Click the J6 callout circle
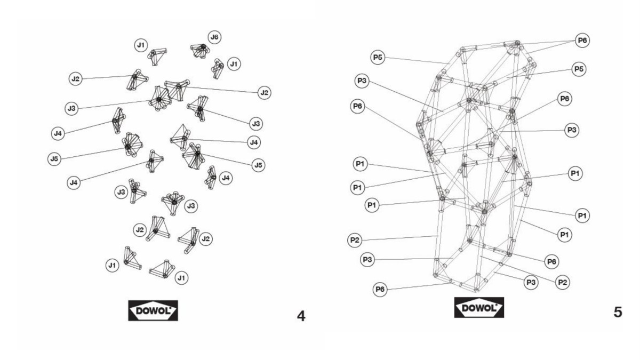click(x=214, y=37)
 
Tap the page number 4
click(x=301, y=316)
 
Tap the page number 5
click(x=618, y=312)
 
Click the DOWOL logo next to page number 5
click(x=479, y=308)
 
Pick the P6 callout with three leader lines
click(x=582, y=41)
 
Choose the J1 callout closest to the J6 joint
click(x=233, y=64)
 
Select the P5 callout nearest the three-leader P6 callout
click(x=579, y=69)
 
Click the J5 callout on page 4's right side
click(x=258, y=165)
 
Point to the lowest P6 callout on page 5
click(x=380, y=289)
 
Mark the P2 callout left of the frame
click(x=355, y=240)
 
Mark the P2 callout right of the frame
click(x=562, y=282)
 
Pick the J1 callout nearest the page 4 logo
click(x=181, y=277)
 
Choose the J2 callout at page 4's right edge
click(x=263, y=93)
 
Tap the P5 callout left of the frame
click(x=378, y=58)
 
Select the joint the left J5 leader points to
click(x=129, y=145)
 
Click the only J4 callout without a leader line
click(x=227, y=178)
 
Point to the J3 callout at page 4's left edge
click(x=71, y=109)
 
